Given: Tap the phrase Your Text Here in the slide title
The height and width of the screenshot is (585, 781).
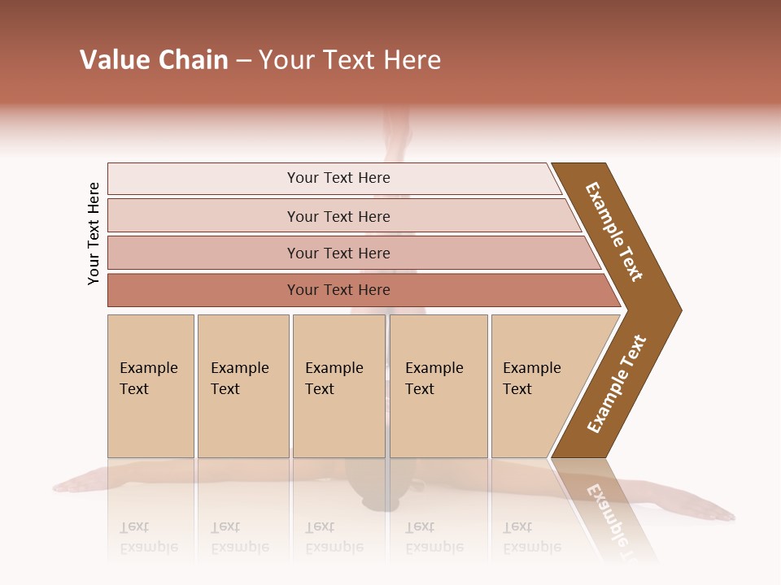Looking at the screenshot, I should pos(350,60).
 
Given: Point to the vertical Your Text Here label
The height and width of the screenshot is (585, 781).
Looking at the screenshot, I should pos(94,233).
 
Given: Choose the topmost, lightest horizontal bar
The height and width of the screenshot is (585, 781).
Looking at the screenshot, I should pos(338,178).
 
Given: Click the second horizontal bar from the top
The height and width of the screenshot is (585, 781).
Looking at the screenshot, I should pos(338,216).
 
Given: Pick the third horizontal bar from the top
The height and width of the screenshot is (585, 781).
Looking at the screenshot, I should pos(338,253).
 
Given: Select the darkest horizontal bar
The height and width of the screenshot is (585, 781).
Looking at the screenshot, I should pos(338,290).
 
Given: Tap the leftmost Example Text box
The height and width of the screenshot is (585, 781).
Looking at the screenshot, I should pos(151,386).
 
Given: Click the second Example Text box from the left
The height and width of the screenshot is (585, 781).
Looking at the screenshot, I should pos(243,386).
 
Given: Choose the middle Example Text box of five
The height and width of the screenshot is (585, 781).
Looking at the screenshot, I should pos(338,386).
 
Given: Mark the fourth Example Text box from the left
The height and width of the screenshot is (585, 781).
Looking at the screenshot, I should pos(438,386).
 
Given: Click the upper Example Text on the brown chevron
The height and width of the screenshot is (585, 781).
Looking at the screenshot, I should pos(614,232).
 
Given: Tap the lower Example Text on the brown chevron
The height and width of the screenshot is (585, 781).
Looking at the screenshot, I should pos(617,384).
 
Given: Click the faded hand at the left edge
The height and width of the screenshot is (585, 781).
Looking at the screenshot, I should pos(73,486).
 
